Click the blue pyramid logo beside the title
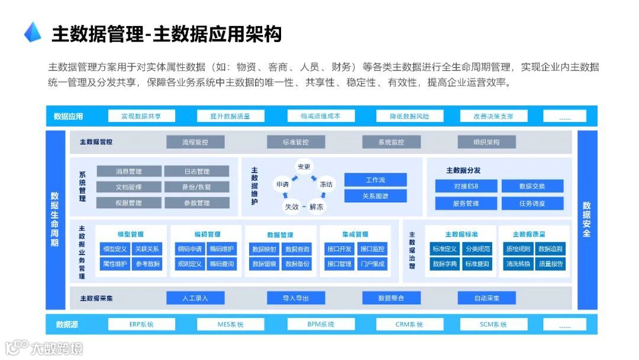(33, 33)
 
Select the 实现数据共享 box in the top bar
(141, 116)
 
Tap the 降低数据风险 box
(409, 116)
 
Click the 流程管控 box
(195, 142)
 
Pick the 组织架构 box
(486, 142)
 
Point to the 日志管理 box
(196, 172)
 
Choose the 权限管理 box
(128, 203)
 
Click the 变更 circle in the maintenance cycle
(304, 167)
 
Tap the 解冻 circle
(316, 207)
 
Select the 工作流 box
(376, 180)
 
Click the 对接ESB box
(466, 187)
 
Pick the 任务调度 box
(532, 204)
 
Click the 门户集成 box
(373, 264)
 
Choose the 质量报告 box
(551, 264)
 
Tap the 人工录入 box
(195, 298)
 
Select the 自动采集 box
(486, 298)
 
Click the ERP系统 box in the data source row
(141, 324)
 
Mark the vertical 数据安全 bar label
(586, 220)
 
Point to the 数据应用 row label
(68, 117)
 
